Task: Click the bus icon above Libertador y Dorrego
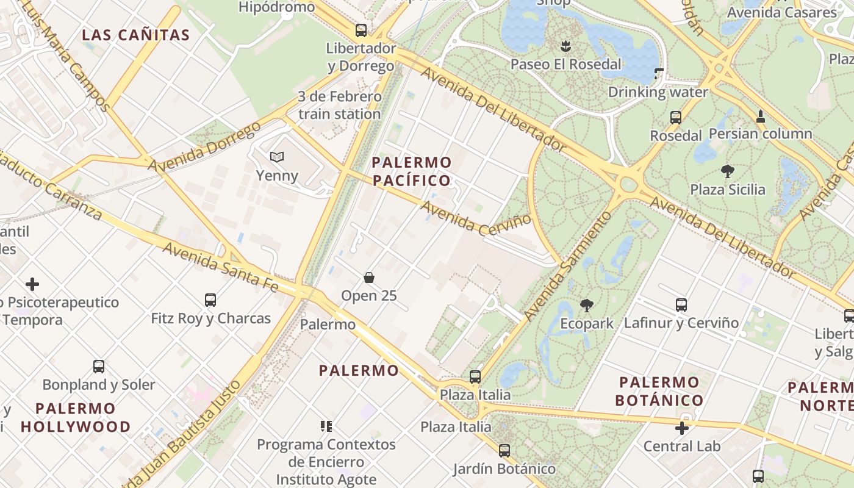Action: pyautogui.click(x=361, y=30)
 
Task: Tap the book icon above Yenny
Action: pyautogui.click(x=277, y=157)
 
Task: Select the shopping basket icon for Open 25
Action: pyautogui.click(x=369, y=278)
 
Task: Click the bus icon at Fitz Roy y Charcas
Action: pyautogui.click(x=210, y=300)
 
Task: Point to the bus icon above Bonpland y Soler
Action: pyautogui.click(x=99, y=366)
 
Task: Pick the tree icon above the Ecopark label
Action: pyautogui.click(x=587, y=304)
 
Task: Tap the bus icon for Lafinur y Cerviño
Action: pyautogui.click(x=681, y=304)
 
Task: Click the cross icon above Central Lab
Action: pyautogui.click(x=682, y=428)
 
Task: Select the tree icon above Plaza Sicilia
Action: pyautogui.click(x=727, y=171)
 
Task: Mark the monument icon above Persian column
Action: pyautogui.click(x=761, y=115)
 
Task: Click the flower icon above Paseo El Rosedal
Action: pyautogui.click(x=565, y=45)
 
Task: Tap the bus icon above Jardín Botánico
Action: pyautogui.click(x=504, y=451)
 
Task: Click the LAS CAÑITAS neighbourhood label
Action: pyautogui.click(x=136, y=35)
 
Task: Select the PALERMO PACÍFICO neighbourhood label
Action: pyautogui.click(x=412, y=171)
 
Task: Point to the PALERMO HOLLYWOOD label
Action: pyautogui.click(x=76, y=417)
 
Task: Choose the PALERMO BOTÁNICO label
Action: pyautogui.click(x=659, y=392)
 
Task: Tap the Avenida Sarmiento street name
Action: pyautogui.click(x=567, y=267)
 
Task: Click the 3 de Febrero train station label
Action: pyautogui.click(x=340, y=105)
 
